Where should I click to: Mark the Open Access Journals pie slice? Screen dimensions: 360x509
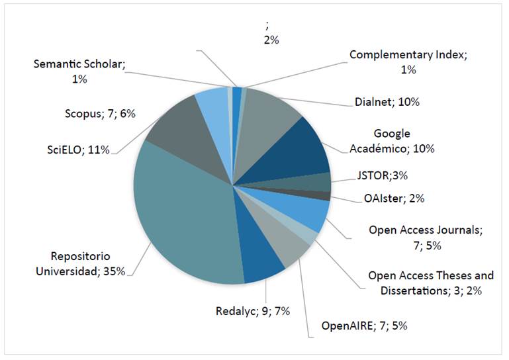point(308,212)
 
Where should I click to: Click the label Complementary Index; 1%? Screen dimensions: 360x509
point(408,62)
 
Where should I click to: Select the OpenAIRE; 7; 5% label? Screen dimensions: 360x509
point(359,326)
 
